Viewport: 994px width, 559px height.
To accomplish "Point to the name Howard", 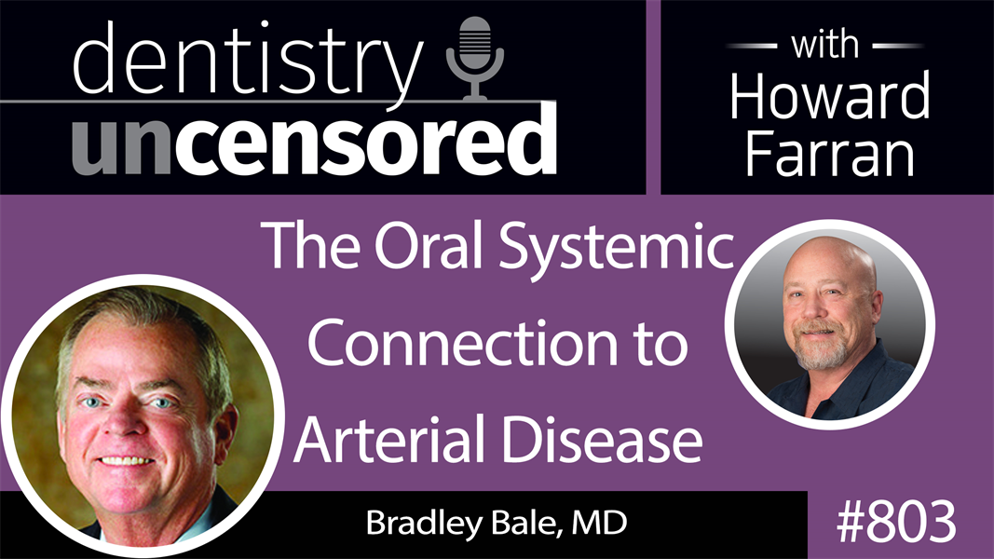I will [x=829, y=95].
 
